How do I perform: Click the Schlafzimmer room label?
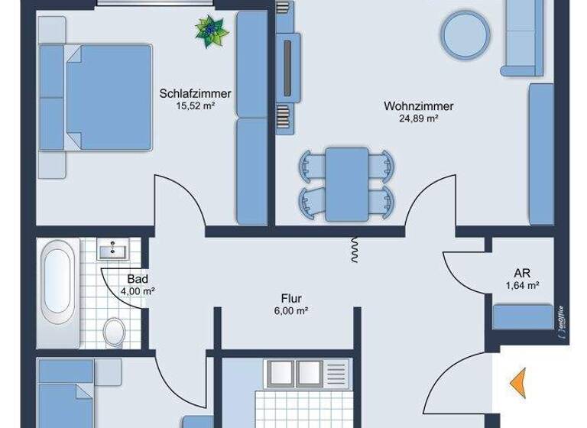pos(195,94)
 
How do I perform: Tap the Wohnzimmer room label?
pos(420,107)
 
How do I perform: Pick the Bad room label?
pos(138,280)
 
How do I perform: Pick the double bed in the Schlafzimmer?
pos(100,98)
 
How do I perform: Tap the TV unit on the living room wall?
pos(285,70)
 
